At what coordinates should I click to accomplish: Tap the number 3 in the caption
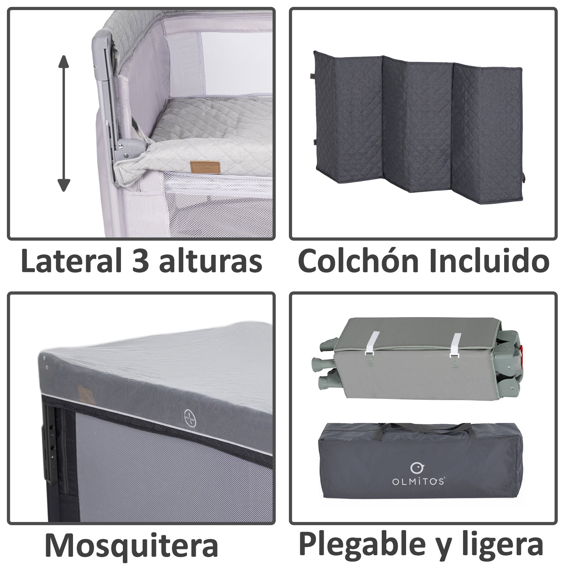141,260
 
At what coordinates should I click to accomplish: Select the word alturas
211,260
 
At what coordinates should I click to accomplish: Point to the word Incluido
489,260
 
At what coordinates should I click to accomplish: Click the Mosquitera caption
131,545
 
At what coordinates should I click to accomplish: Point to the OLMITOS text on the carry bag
418,490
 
